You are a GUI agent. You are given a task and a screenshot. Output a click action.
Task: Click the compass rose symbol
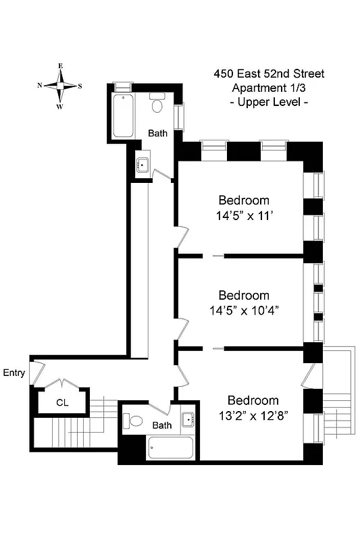(x=60, y=86)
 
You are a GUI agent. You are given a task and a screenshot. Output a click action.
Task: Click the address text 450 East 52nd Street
(x=268, y=74)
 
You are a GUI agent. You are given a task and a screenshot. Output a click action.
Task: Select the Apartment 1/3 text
(x=268, y=88)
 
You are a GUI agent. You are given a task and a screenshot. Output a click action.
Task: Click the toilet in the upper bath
(x=158, y=103)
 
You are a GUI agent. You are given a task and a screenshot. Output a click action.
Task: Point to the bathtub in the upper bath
(x=124, y=116)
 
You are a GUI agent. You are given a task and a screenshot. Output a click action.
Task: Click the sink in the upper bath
(x=143, y=165)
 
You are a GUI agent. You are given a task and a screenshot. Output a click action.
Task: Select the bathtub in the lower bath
(x=170, y=448)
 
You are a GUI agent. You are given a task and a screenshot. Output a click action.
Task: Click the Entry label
(x=14, y=373)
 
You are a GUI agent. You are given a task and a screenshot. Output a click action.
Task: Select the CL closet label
(x=62, y=403)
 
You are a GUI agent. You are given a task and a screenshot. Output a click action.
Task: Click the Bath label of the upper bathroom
(x=158, y=133)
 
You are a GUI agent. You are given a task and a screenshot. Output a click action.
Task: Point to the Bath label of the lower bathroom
(x=162, y=425)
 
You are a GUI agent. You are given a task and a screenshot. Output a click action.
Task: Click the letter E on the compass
(x=60, y=66)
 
